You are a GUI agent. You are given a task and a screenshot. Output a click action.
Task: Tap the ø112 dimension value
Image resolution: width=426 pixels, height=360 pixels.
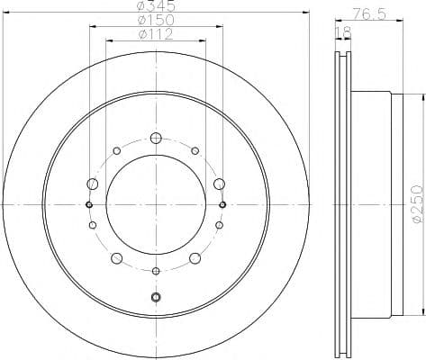tap(155, 36)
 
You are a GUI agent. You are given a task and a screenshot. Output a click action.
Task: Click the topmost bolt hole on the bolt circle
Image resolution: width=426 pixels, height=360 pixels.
tap(156, 138)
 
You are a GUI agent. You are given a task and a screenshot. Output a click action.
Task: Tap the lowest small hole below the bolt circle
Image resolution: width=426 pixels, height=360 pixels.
tap(156, 297)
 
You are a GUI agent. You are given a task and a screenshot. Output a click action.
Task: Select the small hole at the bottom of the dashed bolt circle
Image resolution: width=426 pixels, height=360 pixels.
tap(156, 271)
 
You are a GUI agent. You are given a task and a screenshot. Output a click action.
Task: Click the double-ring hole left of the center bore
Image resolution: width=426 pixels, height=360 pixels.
tap(89, 204)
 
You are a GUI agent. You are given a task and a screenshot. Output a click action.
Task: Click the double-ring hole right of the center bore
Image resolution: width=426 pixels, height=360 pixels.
tap(222, 204)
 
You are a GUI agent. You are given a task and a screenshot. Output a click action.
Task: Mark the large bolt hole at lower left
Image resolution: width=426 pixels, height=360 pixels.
tap(117, 259)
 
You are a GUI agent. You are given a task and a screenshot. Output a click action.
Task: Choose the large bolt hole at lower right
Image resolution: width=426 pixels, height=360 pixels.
tap(195, 259)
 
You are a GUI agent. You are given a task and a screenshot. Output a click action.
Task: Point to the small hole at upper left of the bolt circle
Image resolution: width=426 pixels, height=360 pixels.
tap(117, 150)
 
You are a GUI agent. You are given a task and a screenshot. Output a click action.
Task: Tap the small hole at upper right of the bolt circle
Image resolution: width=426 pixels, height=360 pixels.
tap(195, 150)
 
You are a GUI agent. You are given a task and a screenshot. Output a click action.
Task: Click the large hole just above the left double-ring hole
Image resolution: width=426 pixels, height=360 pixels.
tap(92, 184)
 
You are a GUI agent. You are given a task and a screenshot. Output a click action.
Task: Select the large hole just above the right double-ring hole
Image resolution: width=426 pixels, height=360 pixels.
tap(219, 184)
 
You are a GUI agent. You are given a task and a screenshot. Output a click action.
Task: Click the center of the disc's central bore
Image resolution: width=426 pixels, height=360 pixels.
tap(156, 204)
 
